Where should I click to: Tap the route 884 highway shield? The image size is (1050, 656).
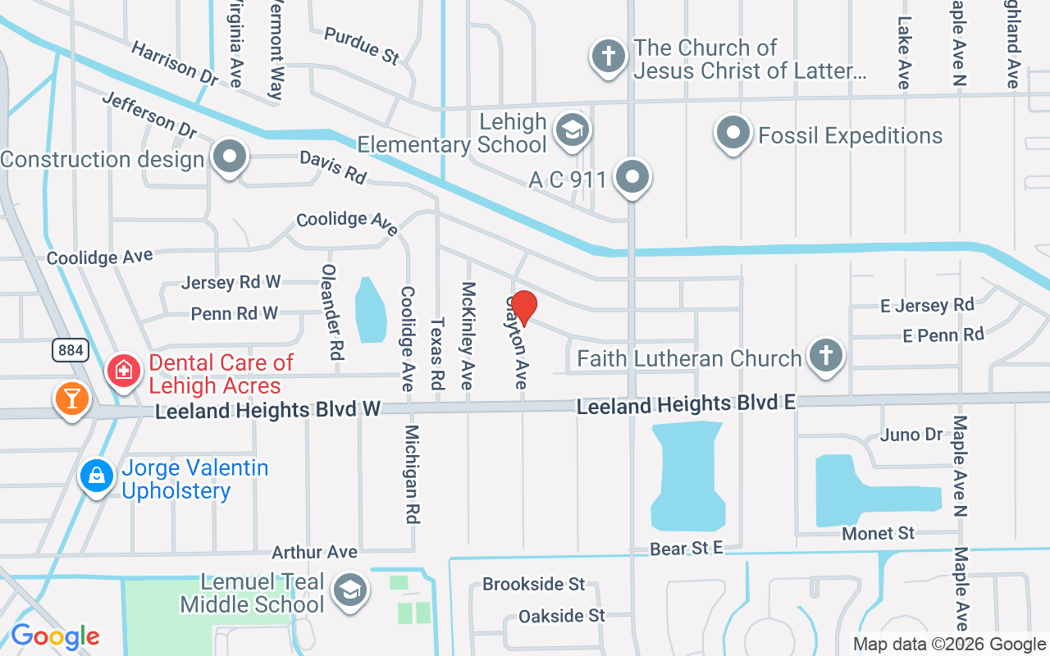pyautogui.click(x=71, y=350)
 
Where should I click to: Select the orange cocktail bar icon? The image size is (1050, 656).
pyautogui.click(x=71, y=399)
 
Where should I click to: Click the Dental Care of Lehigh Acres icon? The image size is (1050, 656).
pyautogui.click(x=125, y=370)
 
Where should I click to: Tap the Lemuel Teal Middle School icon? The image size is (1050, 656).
pyautogui.click(x=350, y=589)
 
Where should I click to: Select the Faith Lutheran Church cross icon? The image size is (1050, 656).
pyautogui.click(x=825, y=356)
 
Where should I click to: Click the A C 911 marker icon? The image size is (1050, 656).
pyautogui.click(x=632, y=176)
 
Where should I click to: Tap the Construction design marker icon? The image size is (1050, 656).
pyautogui.click(x=231, y=156)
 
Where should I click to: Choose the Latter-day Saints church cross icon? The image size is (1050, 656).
pyautogui.click(x=608, y=57)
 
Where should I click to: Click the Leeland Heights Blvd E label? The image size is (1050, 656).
pyautogui.click(x=686, y=405)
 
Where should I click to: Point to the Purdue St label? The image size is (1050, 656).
pyautogui.click(x=362, y=45)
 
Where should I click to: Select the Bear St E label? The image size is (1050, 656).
pyautogui.click(x=687, y=549)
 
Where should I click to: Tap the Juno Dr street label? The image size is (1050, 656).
pyautogui.click(x=911, y=435)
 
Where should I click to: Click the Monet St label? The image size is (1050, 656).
pyautogui.click(x=878, y=533)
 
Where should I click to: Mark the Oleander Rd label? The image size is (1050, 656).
pyautogui.click(x=331, y=312)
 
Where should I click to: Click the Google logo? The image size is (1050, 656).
pyautogui.click(x=55, y=635)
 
